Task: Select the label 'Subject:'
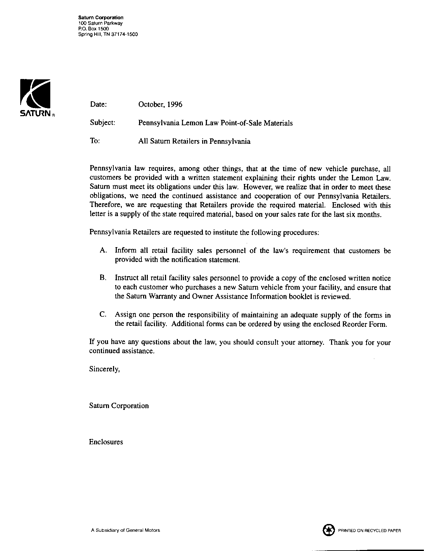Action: (x=103, y=123)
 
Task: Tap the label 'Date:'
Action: (x=98, y=104)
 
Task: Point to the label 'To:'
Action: (x=94, y=141)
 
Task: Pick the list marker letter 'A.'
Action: (x=104, y=251)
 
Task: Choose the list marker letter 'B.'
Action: (x=103, y=278)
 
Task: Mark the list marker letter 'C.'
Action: (x=103, y=315)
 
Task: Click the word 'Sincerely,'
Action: (x=104, y=369)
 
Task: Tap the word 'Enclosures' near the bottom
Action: (x=106, y=442)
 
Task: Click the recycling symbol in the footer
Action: (x=328, y=530)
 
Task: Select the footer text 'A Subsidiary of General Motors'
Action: (x=126, y=530)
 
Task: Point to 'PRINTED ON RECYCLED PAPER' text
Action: (x=370, y=531)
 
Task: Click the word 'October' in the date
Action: (x=151, y=104)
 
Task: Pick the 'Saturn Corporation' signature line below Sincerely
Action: (x=119, y=406)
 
